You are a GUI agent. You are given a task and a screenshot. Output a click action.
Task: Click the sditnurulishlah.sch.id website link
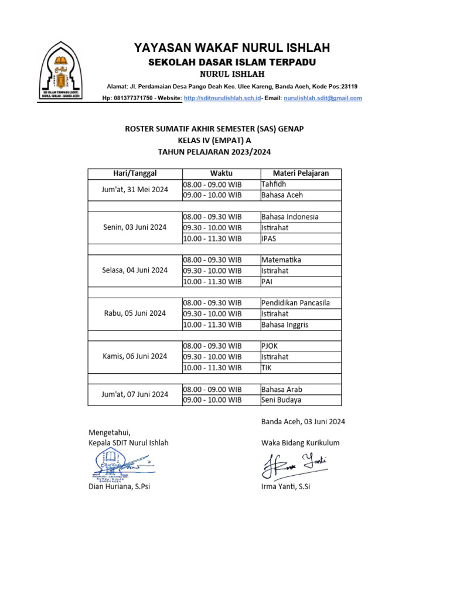coord(222,98)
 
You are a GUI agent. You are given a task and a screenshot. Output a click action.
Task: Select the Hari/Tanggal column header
coord(135,173)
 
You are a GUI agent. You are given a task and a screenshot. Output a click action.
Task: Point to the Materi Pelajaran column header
coord(301,173)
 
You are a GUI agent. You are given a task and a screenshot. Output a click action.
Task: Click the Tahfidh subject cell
coord(301,185)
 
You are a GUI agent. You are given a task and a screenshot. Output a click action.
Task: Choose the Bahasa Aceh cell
coord(301,195)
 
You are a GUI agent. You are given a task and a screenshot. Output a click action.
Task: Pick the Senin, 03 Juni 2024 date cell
coord(135,227)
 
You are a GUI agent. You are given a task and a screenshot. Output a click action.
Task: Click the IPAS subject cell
coord(301,238)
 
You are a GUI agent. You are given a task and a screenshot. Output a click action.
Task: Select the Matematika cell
coord(301,260)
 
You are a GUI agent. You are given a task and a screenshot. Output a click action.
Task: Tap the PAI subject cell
coord(301,282)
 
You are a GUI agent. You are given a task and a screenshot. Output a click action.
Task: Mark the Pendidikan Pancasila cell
coord(301,303)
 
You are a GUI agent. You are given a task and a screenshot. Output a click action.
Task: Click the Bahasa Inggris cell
coord(301,325)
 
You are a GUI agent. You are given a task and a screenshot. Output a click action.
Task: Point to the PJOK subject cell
coord(301,346)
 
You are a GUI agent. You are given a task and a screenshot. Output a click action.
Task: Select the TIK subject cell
coord(301,368)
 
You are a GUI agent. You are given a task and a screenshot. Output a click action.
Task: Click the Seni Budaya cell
coord(301,400)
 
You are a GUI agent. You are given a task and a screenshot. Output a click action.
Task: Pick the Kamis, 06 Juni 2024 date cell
coord(135,357)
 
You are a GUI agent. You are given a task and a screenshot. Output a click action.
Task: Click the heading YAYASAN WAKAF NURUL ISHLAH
coord(232,47)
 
